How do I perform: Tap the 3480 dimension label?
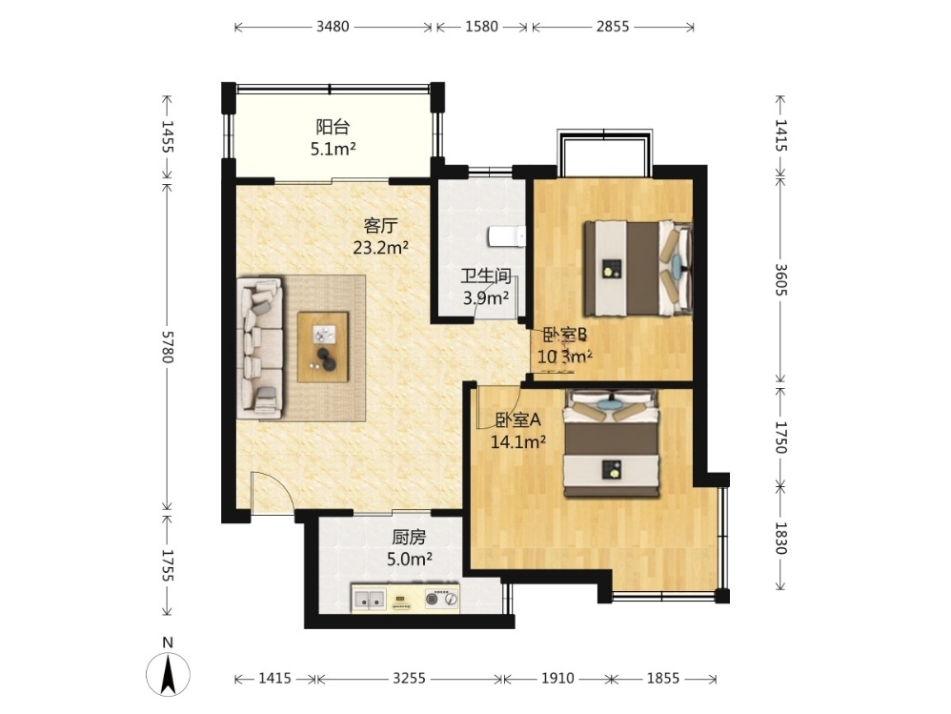(333, 27)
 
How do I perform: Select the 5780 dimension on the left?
(168, 346)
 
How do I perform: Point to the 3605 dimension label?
(780, 279)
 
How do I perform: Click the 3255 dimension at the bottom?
(409, 678)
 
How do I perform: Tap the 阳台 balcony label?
(333, 127)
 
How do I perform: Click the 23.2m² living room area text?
(380, 248)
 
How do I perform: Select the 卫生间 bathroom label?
(486, 276)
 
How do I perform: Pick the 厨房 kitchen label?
(409, 538)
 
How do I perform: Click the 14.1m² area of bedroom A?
(518, 441)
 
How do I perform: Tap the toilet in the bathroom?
(508, 236)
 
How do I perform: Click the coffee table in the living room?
(323, 347)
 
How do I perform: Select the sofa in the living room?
(260, 348)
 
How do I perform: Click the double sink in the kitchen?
(369, 600)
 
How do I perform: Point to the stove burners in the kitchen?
(441, 600)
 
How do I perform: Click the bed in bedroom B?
(637, 268)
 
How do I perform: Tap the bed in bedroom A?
(612, 443)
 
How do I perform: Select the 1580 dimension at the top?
(481, 27)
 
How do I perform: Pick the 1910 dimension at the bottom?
(557, 678)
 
